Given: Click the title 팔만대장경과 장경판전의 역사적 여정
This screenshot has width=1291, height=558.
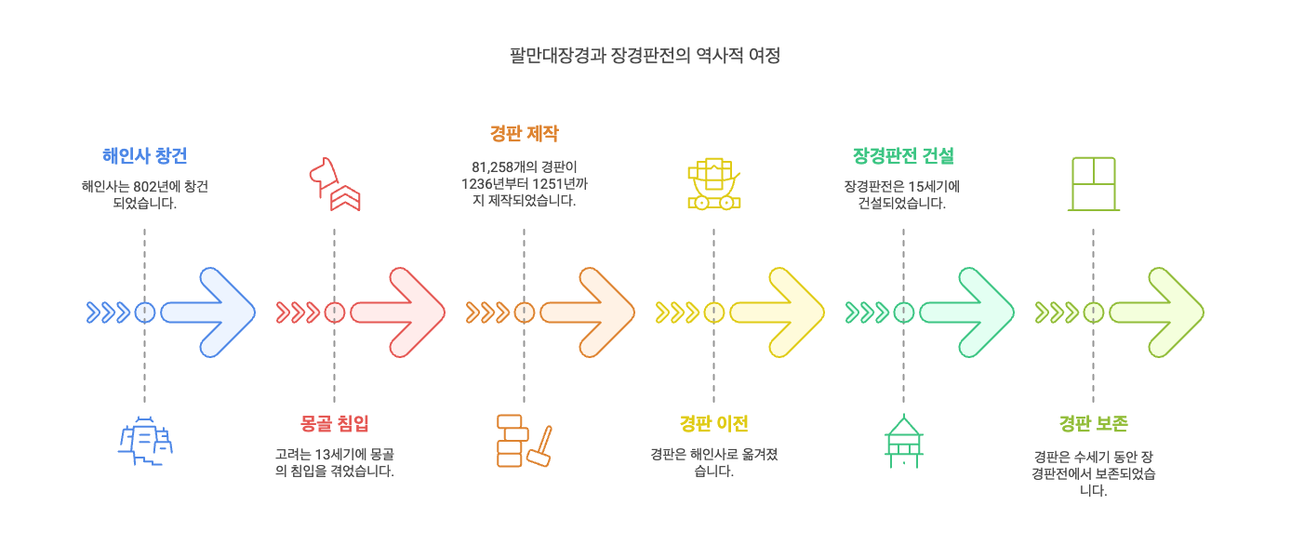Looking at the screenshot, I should (x=645, y=56).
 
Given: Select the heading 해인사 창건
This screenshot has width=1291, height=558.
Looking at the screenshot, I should (x=144, y=155).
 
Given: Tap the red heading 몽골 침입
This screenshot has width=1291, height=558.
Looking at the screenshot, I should (x=334, y=424).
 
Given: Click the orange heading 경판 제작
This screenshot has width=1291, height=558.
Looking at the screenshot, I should (x=524, y=134).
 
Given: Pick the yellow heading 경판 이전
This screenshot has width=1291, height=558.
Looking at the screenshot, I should (x=713, y=424).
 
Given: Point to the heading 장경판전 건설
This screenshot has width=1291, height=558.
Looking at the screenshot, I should (x=903, y=155).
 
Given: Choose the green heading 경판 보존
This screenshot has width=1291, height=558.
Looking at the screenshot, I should (x=1093, y=424).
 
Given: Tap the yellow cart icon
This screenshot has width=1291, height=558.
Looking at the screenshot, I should (x=713, y=184).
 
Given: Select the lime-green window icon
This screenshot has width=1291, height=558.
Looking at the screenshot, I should (x=1093, y=184).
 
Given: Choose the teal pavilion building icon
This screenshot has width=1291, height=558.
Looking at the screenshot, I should (x=903, y=441).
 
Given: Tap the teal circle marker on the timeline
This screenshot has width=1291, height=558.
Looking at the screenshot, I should (x=903, y=312).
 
